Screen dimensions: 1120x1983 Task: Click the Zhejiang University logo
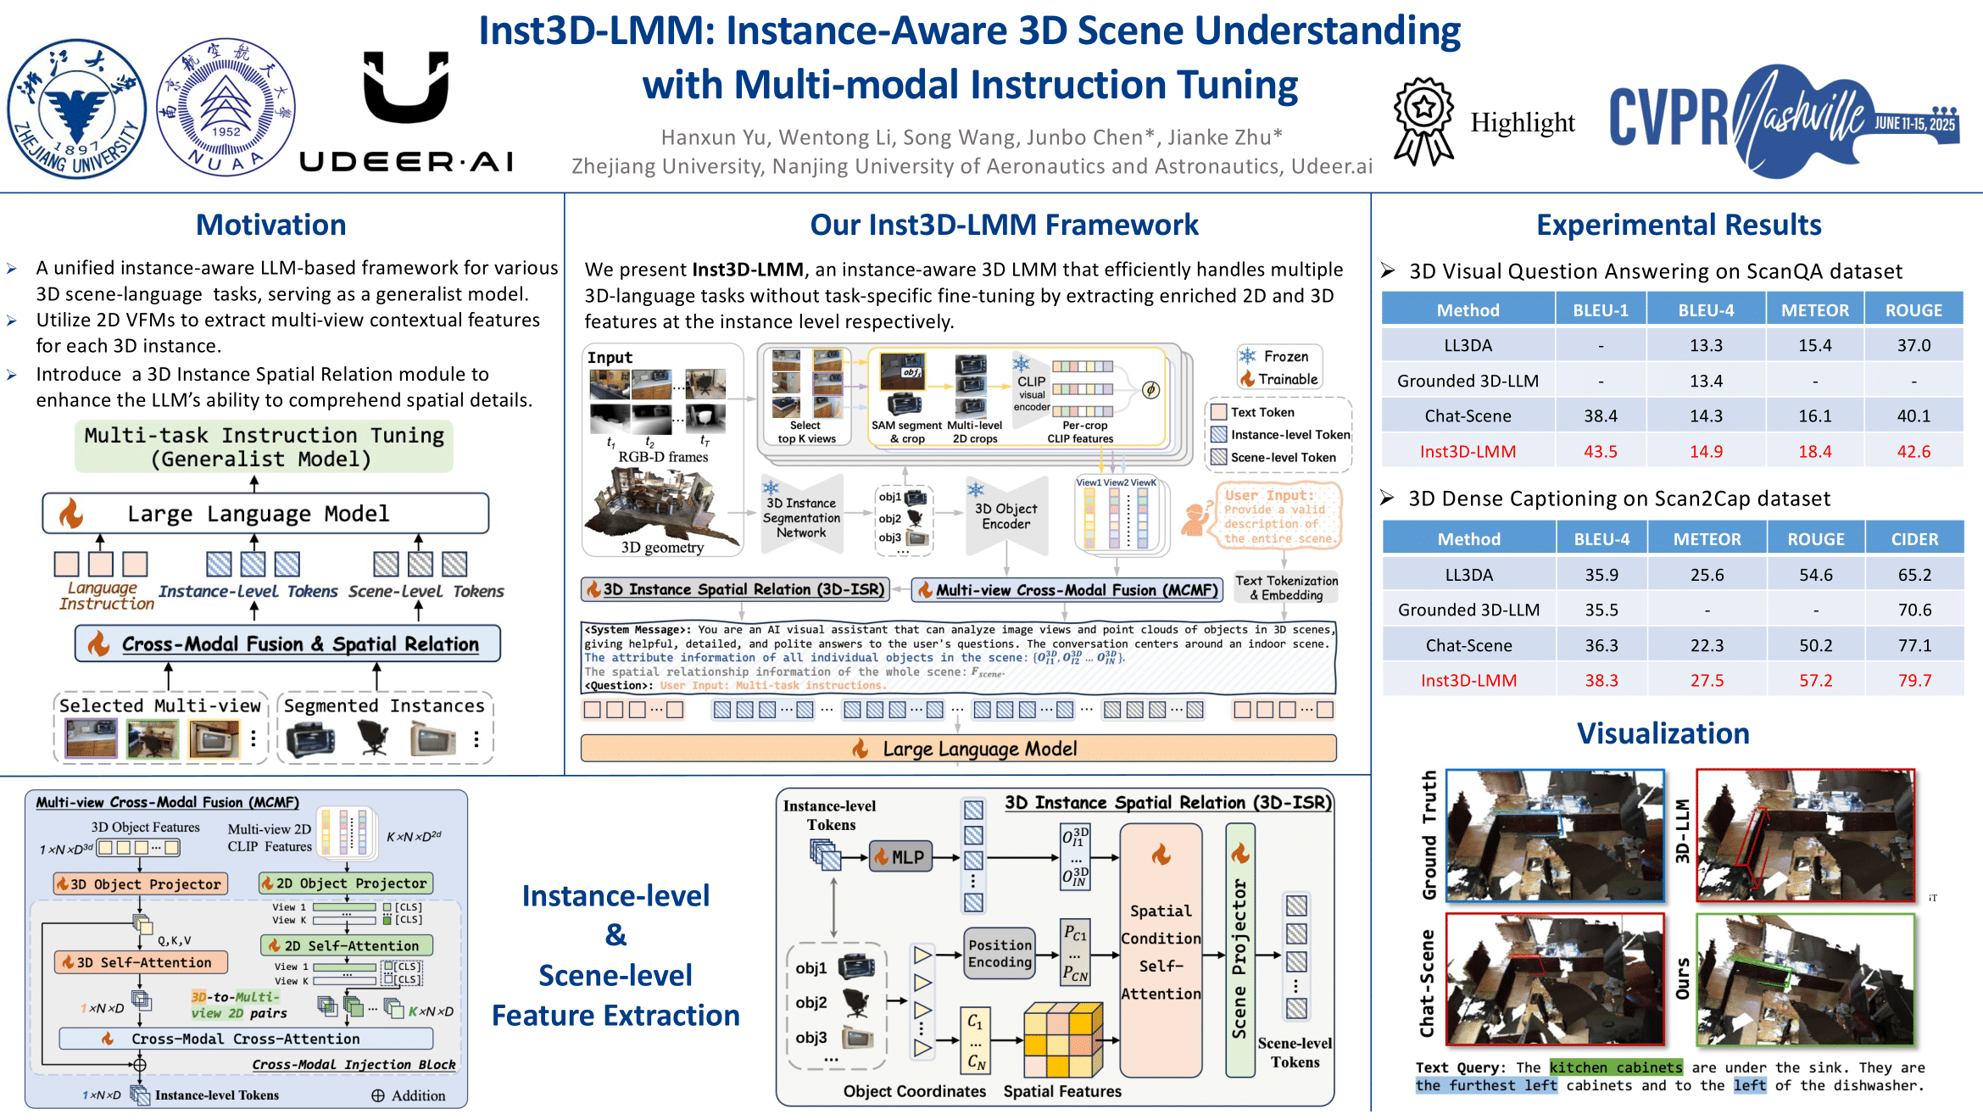click(76, 109)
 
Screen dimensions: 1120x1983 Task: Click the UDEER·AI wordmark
click(407, 161)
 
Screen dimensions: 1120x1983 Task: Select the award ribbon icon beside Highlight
click(1424, 121)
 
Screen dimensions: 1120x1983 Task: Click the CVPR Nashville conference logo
click(1784, 120)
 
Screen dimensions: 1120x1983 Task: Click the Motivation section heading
click(270, 225)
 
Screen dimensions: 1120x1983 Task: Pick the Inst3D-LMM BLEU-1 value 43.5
click(1600, 451)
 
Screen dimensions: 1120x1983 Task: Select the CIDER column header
click(1914, 539)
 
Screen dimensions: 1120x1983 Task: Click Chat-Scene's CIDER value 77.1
click(1914, 645)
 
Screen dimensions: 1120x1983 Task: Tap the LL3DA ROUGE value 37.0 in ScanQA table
click(1913, 345)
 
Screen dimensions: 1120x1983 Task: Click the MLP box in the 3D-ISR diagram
click(900, 856)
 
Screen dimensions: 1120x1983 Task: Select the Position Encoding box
click(1000, 954)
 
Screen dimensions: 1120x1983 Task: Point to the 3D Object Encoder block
click(1005, 516)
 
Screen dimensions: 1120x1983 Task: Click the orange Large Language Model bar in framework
click(958, 749)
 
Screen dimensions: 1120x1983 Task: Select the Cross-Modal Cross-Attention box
click(245, 1039)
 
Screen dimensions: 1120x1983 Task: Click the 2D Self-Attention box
click(346, 945)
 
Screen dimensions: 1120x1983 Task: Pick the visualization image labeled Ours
click(1805, 980)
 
